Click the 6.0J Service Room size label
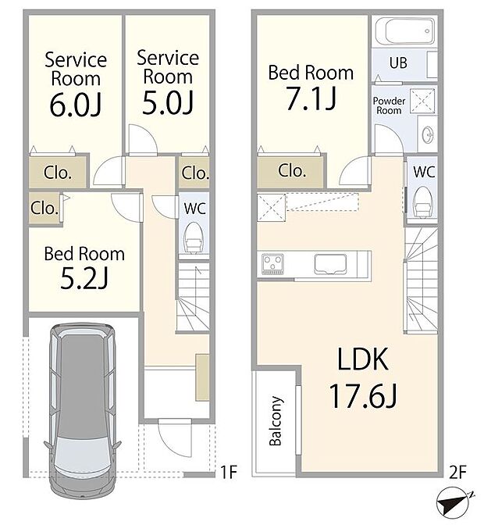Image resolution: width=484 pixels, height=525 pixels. (75, 105)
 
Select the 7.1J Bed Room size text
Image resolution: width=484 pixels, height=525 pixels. (310, 99)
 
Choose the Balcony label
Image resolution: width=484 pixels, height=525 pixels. (275, 422)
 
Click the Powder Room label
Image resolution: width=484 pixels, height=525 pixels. (388, 105)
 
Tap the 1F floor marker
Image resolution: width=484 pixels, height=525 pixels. (227, 471)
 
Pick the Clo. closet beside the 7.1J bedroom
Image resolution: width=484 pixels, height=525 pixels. (290, 170)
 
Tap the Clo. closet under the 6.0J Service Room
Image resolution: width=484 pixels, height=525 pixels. (58, 173)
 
